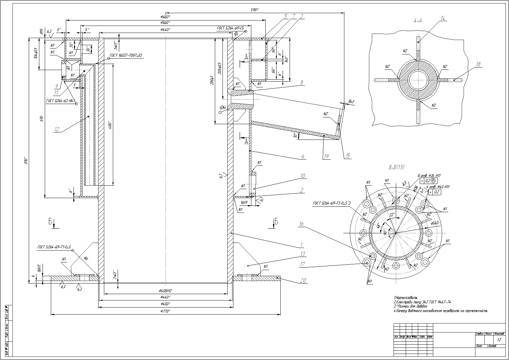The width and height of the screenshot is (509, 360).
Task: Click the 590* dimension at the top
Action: coord(255,10)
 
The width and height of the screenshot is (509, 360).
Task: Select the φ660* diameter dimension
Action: coord(165,17)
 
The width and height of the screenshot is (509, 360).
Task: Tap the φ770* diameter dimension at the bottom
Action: coord(165,311)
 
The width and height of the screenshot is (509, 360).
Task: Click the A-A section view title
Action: coord(417,21)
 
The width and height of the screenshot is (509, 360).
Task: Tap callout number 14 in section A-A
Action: coord(442,18)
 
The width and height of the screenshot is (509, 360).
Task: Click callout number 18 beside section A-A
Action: coord(478,64)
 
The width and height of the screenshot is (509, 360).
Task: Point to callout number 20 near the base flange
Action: coord(303,281)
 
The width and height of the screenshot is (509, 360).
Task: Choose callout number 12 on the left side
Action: coord(57,129)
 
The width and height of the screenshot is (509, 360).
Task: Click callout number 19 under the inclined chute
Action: coord(326,156)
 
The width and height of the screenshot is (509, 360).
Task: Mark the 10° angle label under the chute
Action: coord(295,136)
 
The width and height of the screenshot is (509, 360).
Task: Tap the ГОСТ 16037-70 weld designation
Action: coord(126,56)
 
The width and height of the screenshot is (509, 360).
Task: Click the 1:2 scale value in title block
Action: coord(499,340)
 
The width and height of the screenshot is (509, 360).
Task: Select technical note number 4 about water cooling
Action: coord(440,311)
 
